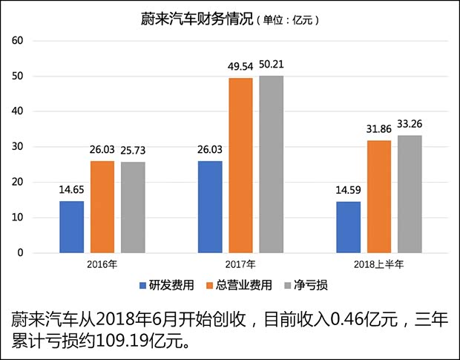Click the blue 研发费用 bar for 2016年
tap(72, 227)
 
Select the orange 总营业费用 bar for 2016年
tap(102, 207)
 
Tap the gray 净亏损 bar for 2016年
tap(133, 208)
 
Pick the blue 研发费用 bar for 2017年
tap(209, 207)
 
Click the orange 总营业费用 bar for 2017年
tap(240, 166)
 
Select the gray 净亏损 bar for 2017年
tap(271, 164)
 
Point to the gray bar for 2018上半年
tap(409, 194)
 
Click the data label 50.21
tap(272, 65)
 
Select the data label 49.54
tap(241, 67)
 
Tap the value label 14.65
tap(73, 190)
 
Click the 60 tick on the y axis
tap(19, 42)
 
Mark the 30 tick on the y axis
tap(19, 147)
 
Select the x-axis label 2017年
tap(240, 264)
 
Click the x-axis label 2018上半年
tap(378, 264)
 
